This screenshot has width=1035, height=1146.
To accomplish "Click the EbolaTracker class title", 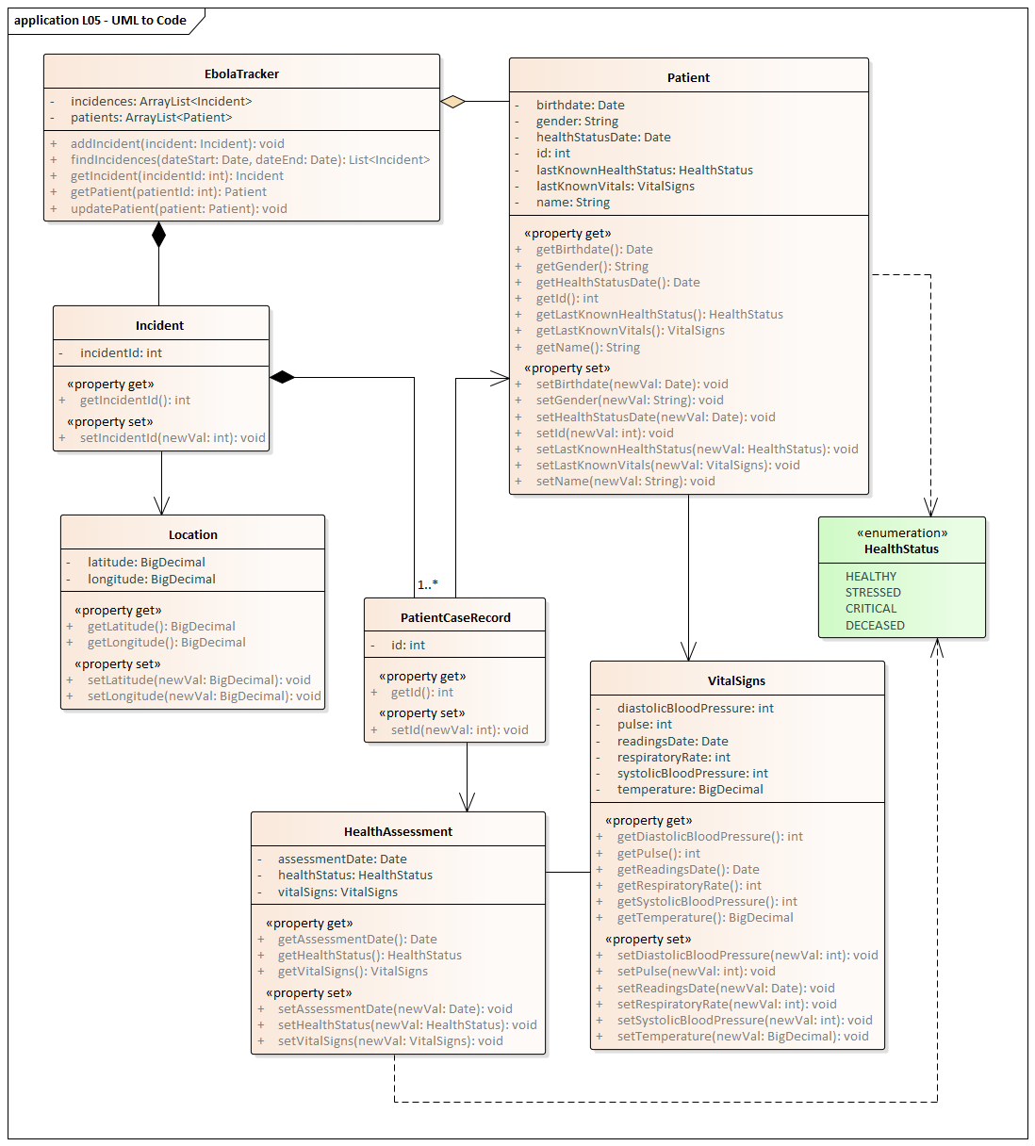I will coord(241,74).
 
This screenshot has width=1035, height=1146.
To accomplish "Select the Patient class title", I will coord(688,77).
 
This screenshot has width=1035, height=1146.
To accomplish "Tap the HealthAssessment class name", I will coord(398,831).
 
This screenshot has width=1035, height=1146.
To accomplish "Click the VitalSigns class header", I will coord(736,680).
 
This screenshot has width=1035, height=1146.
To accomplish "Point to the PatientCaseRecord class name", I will coord(455,617).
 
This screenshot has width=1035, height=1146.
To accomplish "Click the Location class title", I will coord(192,534).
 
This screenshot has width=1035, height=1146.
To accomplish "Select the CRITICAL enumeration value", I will coord(871,609).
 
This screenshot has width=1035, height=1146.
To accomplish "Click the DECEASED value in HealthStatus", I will coord(875,625).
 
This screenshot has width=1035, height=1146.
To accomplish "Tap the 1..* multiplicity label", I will coord(428,585).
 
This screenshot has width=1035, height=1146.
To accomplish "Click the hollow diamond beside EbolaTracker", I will coord(453,101).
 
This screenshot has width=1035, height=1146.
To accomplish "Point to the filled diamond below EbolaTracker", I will coord(158,235).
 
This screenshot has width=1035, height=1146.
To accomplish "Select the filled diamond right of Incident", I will coord(282,377).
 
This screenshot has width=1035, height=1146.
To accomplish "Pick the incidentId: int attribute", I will coord(121,352).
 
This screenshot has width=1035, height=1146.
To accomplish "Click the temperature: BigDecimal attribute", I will coord(690,789).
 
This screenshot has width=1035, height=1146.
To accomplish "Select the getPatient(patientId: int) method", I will coord(168,191).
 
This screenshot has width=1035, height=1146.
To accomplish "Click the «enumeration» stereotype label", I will coord(902,532).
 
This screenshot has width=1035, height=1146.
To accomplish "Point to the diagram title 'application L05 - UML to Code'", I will coord(100,20).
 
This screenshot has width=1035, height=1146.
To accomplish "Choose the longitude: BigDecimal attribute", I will coord(151,579).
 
